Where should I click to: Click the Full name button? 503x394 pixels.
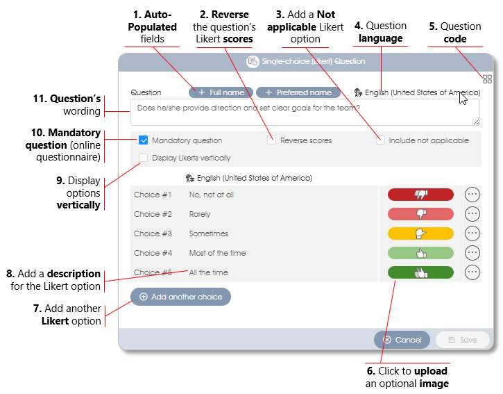[x=221, y=92]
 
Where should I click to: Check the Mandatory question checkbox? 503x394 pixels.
[x=143, y=140]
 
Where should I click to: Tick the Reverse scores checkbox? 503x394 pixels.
[x=271, y=140]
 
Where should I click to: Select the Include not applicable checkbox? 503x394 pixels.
[x=380, y=140]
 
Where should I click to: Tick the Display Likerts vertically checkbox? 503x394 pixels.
[x=143, y=158]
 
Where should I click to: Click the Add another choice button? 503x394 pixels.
[x=180, y=297]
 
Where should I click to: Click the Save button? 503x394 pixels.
[x=463, y=340]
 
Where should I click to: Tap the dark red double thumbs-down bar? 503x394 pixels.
[x=420, y=195]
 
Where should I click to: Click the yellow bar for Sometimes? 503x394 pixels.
[x=420, y=233]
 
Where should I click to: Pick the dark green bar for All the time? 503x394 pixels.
[x=420, y=272]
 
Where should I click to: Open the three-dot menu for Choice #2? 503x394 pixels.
[x=472, y=214]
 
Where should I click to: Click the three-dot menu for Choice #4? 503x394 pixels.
[x=472, y=253]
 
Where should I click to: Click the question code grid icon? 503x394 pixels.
[x=487, y=79]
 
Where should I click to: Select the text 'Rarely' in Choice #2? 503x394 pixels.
[x=200, y=214]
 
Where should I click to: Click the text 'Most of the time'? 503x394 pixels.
[x=217, y=253]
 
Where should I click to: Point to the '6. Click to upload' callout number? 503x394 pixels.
[x=371, y=371]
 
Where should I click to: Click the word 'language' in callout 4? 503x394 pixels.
[x=380, y=38]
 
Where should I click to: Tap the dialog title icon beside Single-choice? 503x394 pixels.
[x=253, y=61]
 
